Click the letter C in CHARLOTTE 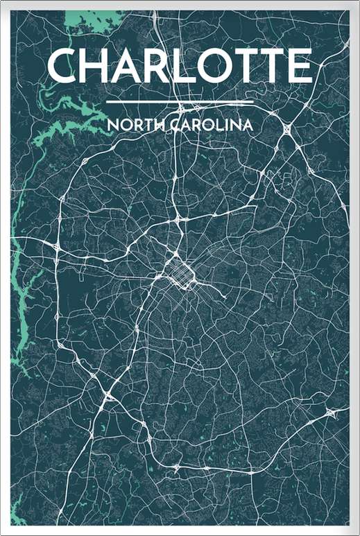(x=64, y=67)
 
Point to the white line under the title (x=180, y=103)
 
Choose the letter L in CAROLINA (x=214, y=126)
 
